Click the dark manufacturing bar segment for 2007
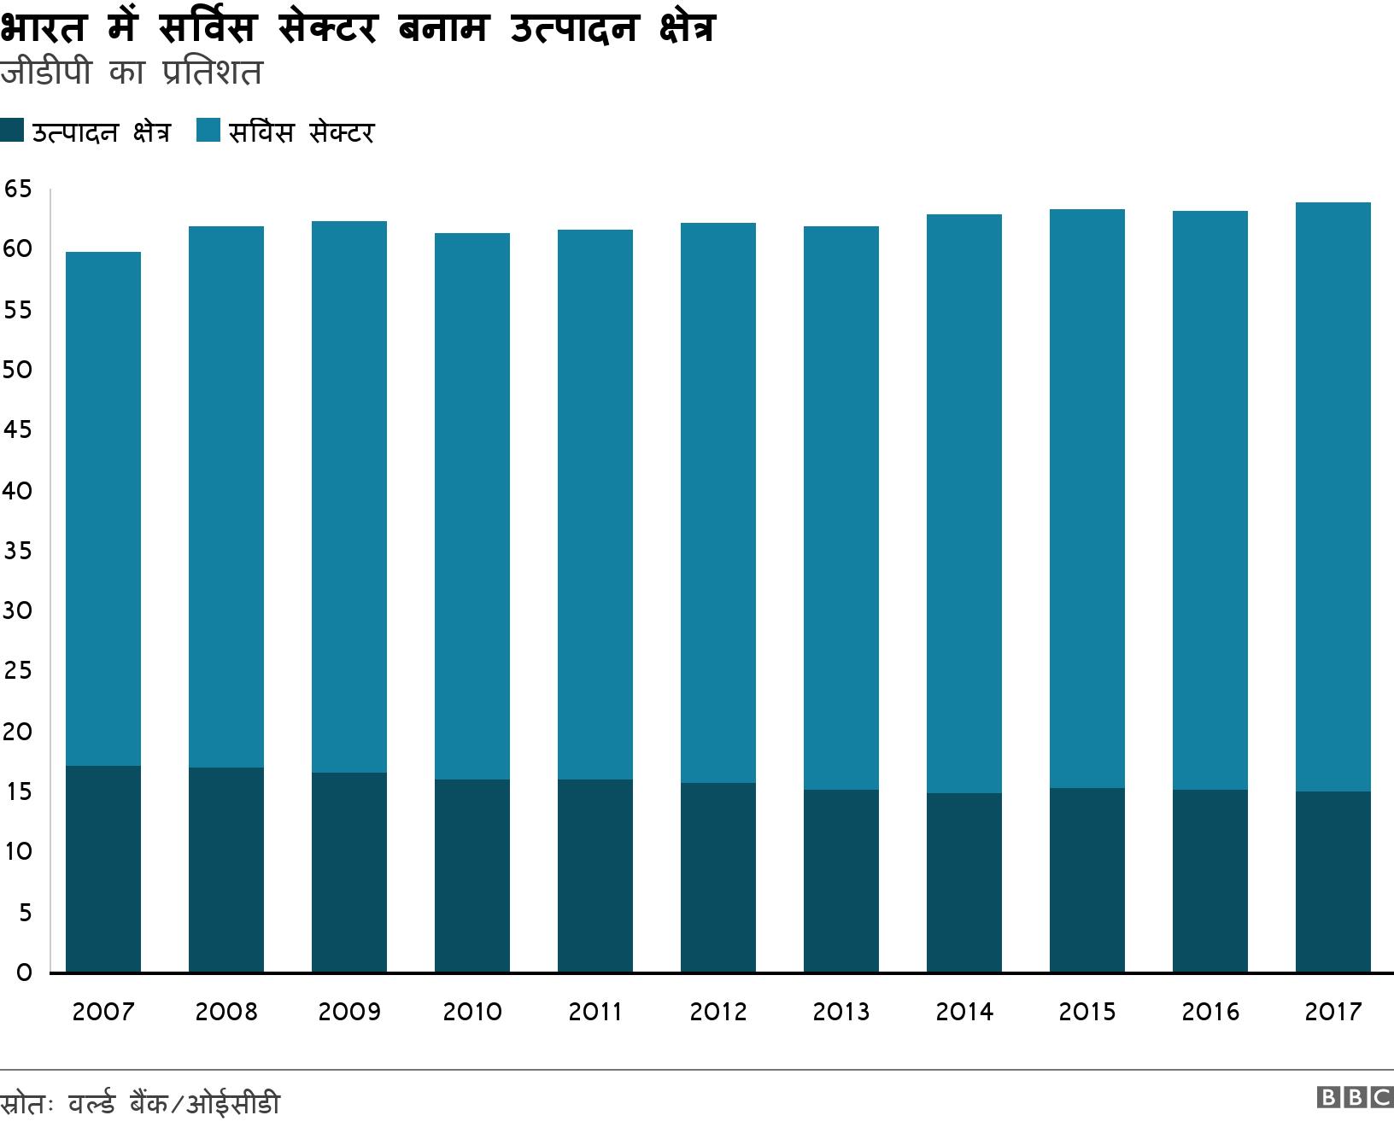coord(103,869)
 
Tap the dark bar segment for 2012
coord(718,878)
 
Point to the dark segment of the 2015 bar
coord(1087,880)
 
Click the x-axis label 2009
coord(348,1012)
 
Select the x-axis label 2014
coord(964,1012)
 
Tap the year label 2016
coord(1210,1012)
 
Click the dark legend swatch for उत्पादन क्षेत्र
coord(12,131)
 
